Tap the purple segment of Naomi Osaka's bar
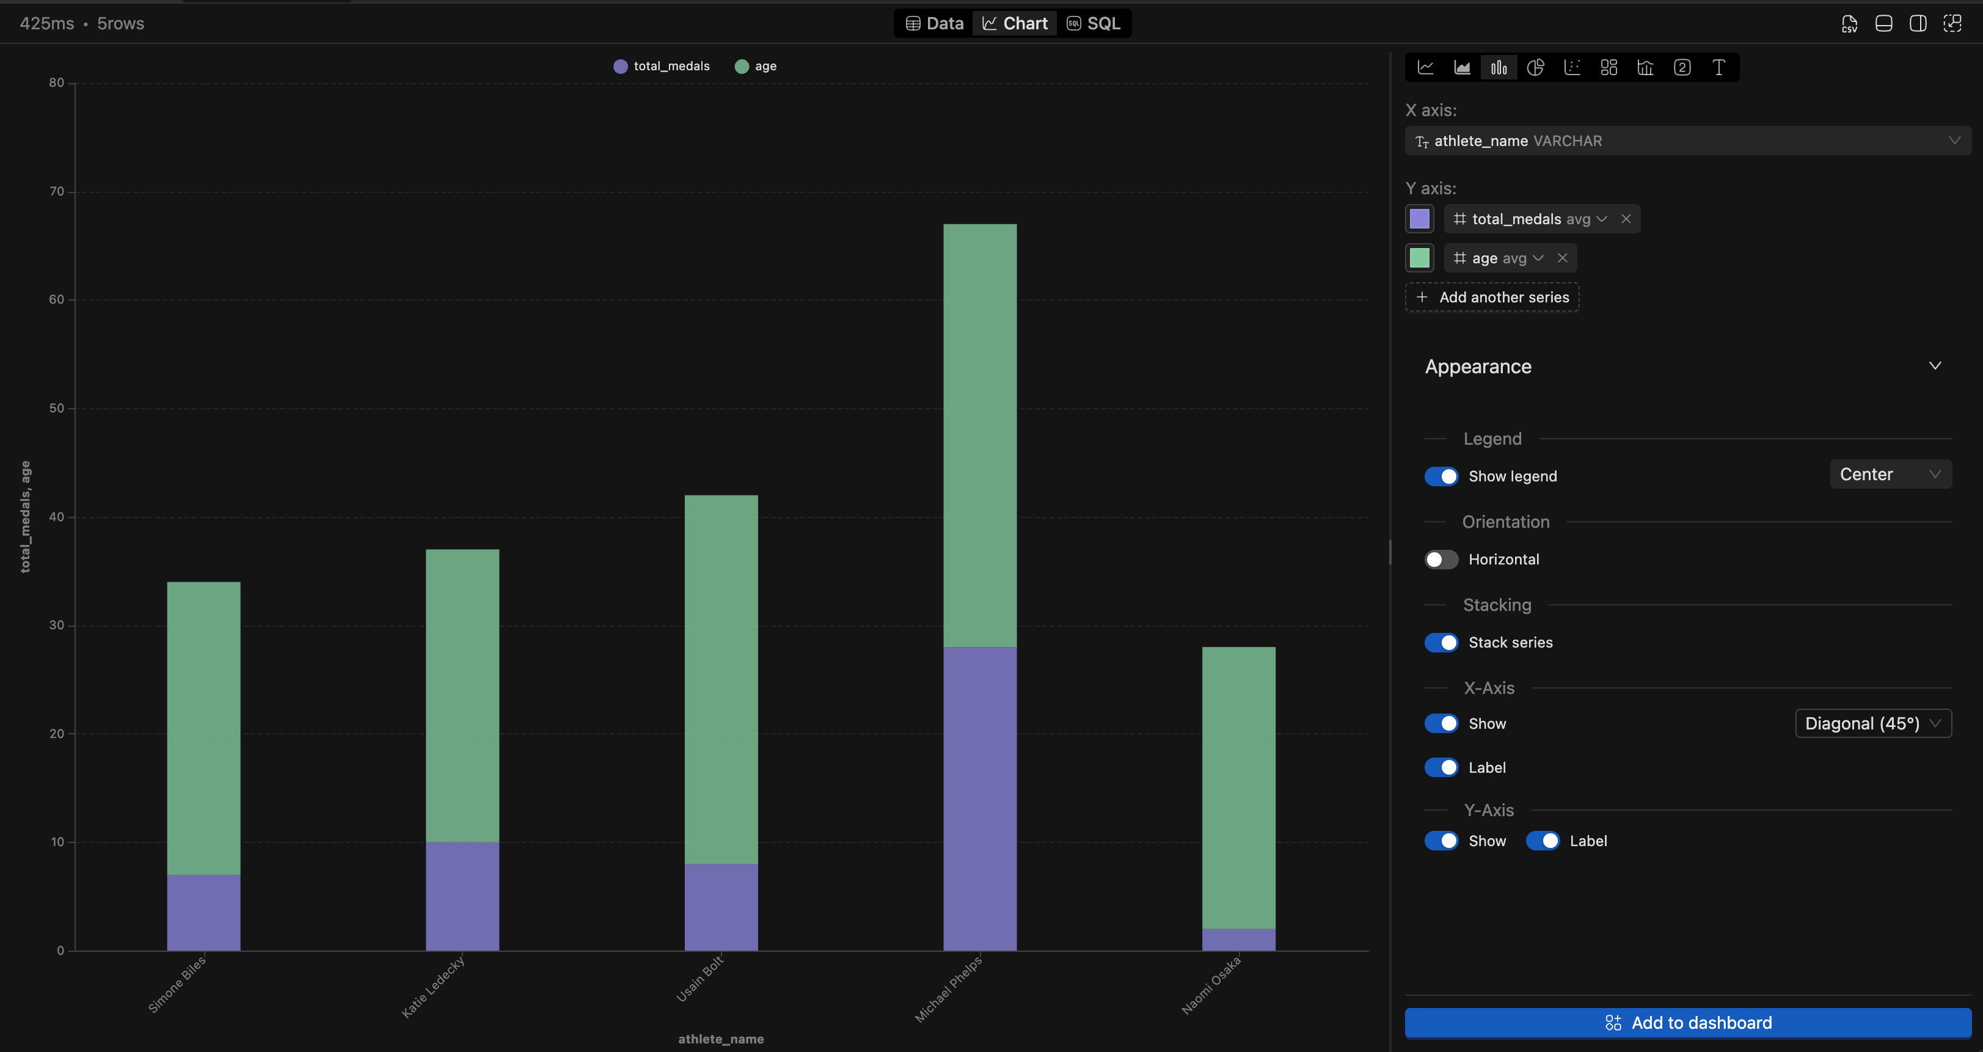click(1238, 940)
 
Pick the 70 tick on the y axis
click(57, 192)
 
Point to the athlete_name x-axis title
click(720, 1039)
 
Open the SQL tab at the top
click(1094, 23)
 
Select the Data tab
click(935, 23)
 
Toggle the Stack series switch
click(1441, 643)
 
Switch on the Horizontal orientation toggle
click(1441, 560)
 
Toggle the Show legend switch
click(1441, 477)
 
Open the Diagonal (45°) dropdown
click(1872, 723)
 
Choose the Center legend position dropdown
click(1890, 474)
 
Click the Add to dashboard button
click(1687, 1023)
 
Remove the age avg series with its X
click(1563, 258)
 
